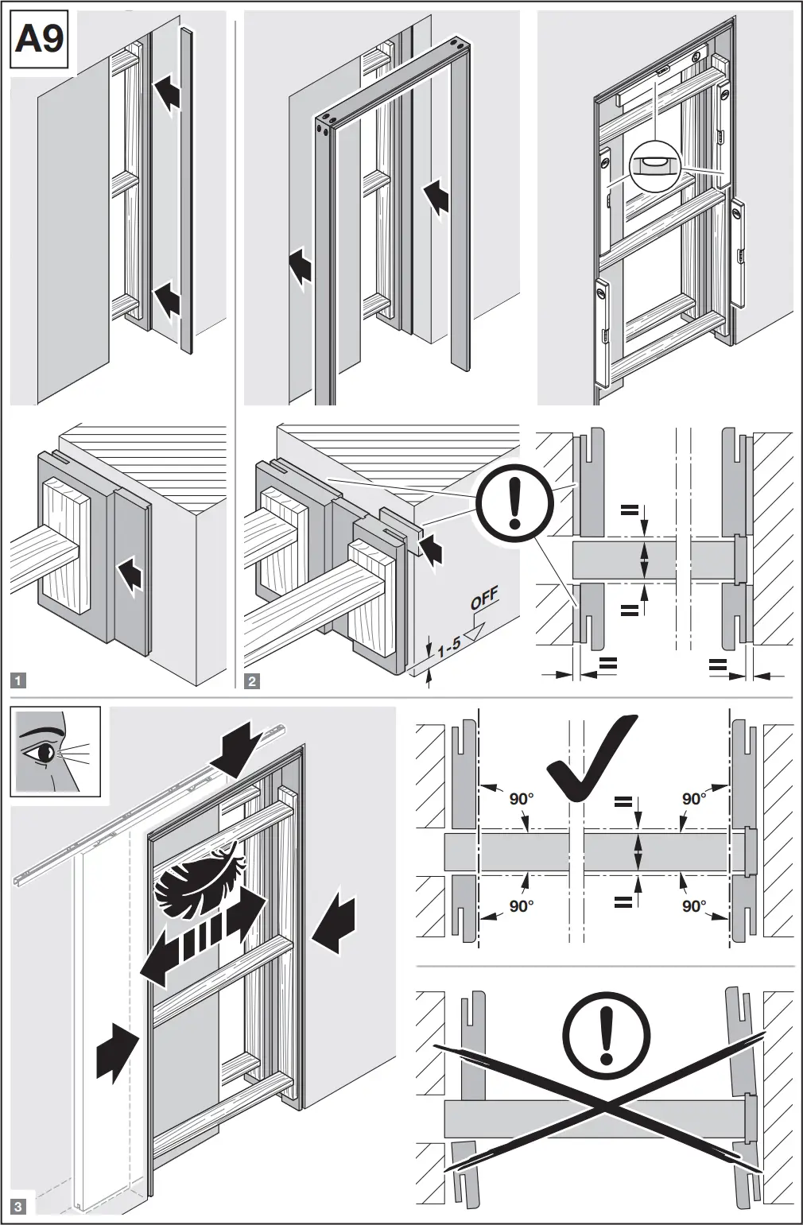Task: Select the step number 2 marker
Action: pos(252,680)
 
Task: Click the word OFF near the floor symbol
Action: pos(484,599)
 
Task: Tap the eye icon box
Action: pos(56,751)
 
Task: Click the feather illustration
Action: pos(199,882)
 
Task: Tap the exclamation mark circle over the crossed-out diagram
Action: pos(606,1034)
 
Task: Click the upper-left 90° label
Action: pos(521,798)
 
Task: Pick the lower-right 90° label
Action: pos(694,905)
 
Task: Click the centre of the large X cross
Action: pos(606,1107)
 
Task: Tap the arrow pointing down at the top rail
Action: pos(239,746)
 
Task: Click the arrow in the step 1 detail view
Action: pos(129,574)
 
